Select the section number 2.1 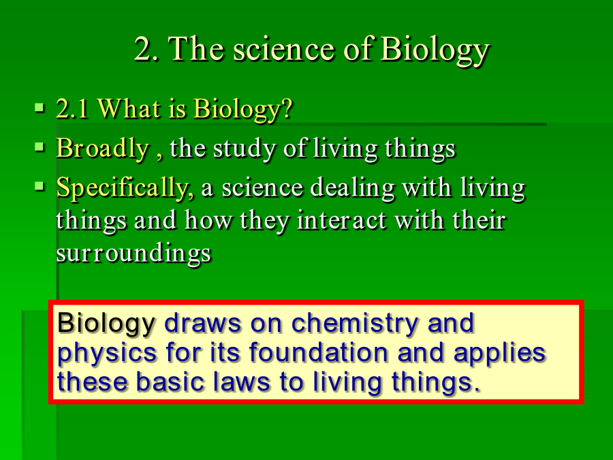tap(72, 108)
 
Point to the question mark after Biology tap(287, 108)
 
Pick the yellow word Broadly tap(103, 149)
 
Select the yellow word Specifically tap(125, 188)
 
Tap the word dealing tap(352, 188)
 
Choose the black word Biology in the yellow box tap(106, 324)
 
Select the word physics tap(107, 353)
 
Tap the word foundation tap(318, 352)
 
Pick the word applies tap(499, 353)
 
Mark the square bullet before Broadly tap(40, 147)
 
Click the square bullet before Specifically tap(40, 186)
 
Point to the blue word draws tap(202, 324)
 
